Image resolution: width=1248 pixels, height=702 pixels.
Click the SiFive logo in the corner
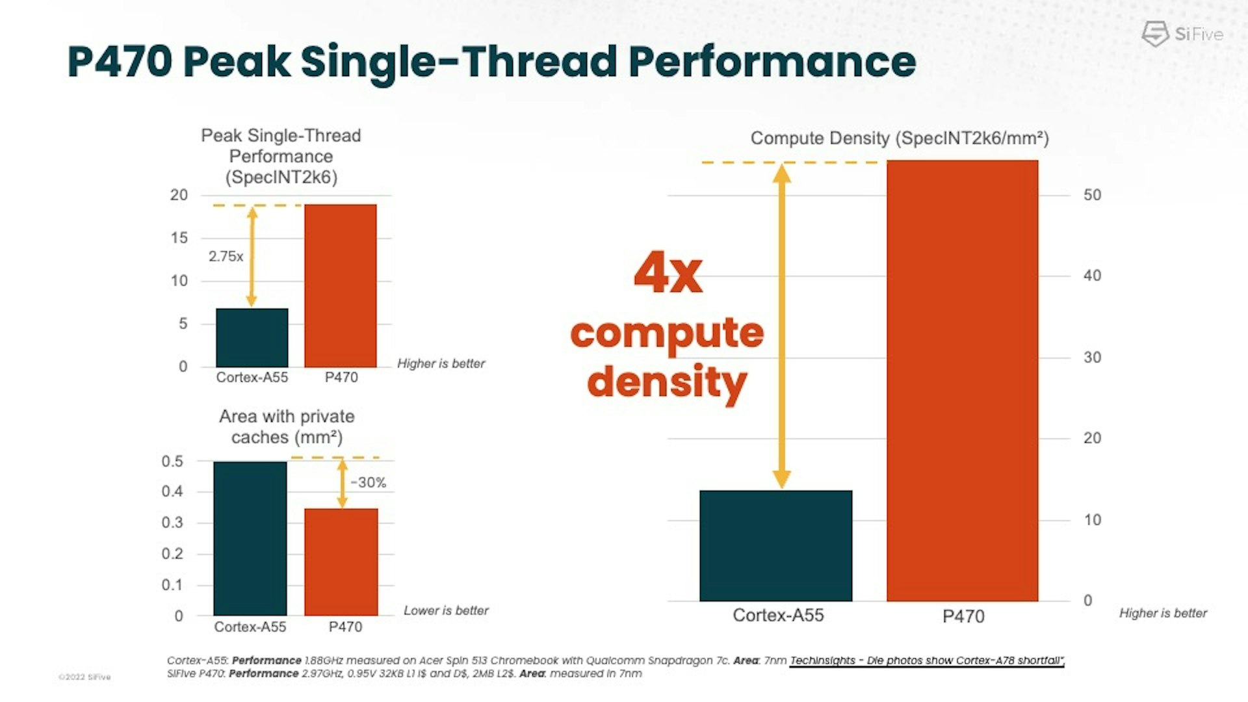pos(1182,34)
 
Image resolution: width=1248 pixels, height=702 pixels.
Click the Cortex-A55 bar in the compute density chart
pos(775,545)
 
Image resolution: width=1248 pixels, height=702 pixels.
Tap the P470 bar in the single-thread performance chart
pos(340,286)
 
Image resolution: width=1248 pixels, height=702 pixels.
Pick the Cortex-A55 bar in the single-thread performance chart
pos(252,337)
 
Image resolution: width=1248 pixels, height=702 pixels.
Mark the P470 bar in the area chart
pos(341,562)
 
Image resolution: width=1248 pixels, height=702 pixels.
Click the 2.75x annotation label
pos(226,257)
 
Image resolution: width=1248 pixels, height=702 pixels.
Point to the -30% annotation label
pos(368,483)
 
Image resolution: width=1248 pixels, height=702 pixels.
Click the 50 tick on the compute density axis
pos(1092,195)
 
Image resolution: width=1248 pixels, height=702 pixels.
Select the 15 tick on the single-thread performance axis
pos(179,238)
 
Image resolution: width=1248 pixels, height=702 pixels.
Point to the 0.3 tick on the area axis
pos(172,523)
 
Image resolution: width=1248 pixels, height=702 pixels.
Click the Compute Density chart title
pos(900,138)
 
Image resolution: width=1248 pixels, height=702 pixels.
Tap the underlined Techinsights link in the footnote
pos(927,660)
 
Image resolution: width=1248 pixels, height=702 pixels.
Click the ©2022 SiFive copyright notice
pos(84,677)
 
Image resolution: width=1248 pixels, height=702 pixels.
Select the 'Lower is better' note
pos(446,610)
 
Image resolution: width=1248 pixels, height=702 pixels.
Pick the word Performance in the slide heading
pos(772,62)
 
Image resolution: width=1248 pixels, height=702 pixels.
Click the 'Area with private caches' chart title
pos(287,426)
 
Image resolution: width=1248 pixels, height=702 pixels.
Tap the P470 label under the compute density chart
pos(963,616)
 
